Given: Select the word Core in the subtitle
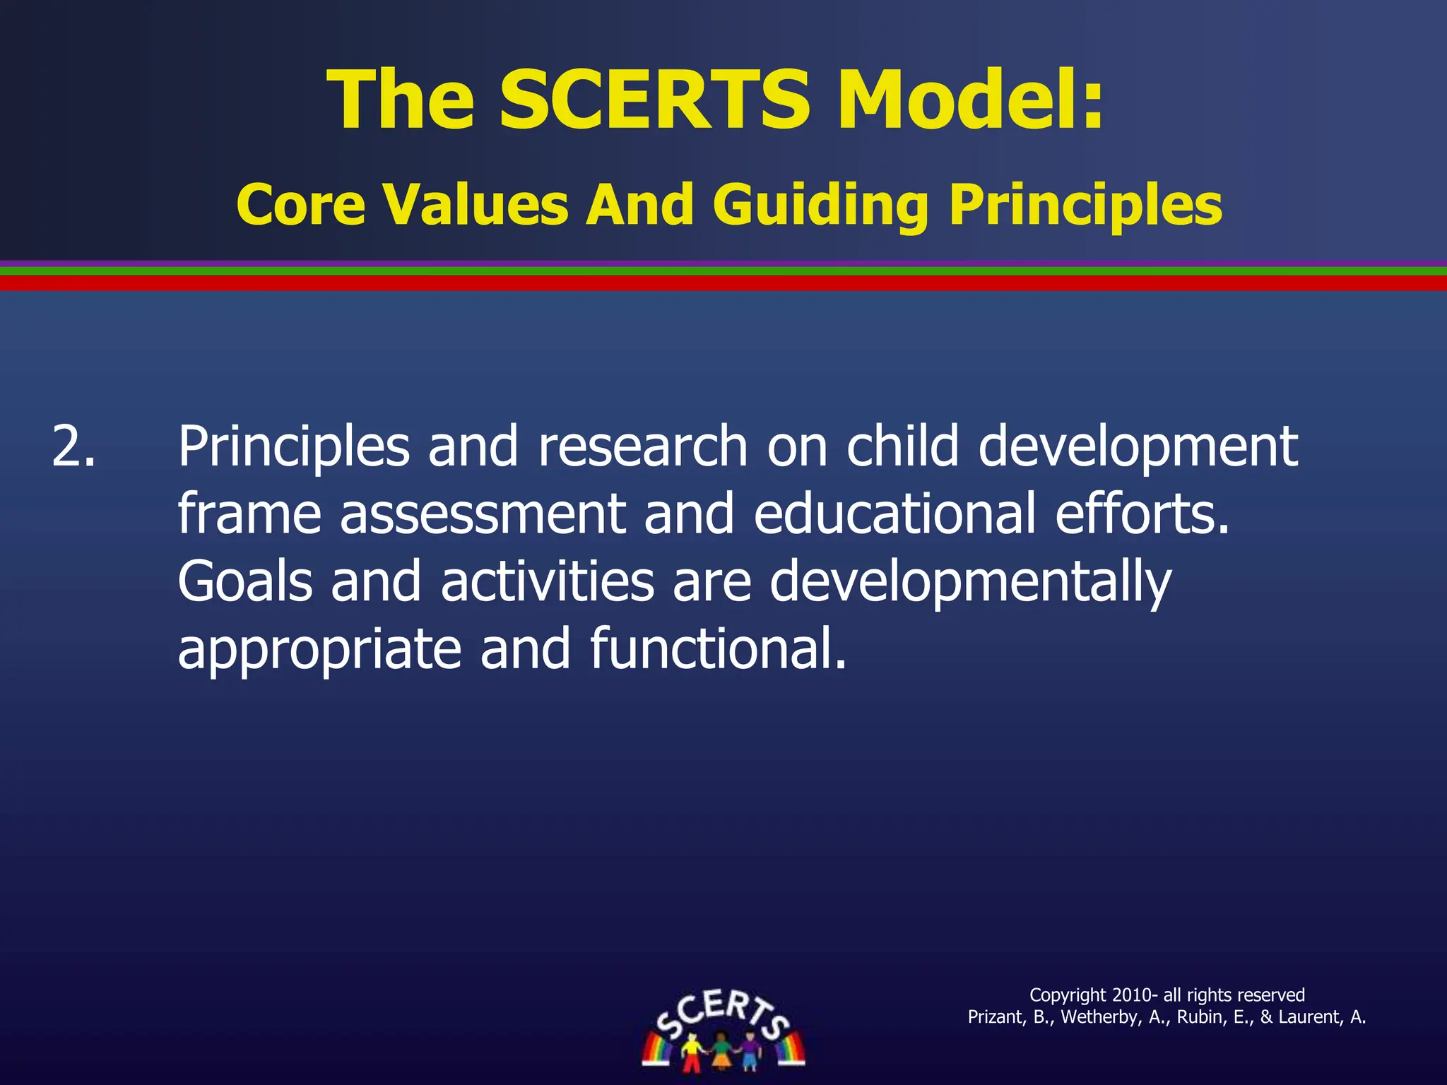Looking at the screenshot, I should coord(301,205).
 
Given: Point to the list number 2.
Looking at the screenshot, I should coord(73,446).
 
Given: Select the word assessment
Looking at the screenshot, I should coord(483,514).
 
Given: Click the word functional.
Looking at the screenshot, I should coord(717,648).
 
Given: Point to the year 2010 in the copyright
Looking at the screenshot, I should coord(1131,995).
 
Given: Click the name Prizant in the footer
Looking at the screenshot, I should coord(994,1017).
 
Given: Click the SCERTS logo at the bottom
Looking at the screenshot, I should coord(723,1029).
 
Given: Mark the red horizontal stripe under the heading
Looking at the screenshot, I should coord(723,283).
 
